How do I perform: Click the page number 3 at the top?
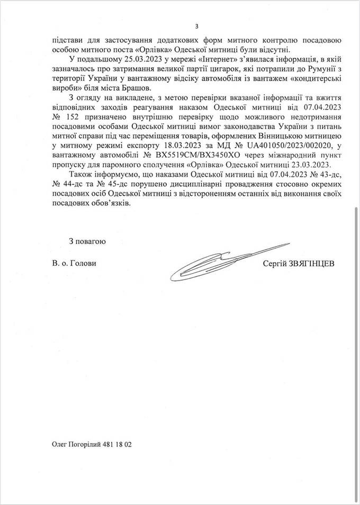click(x=196, y=26)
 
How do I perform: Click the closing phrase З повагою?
click(x=87, y=241)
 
